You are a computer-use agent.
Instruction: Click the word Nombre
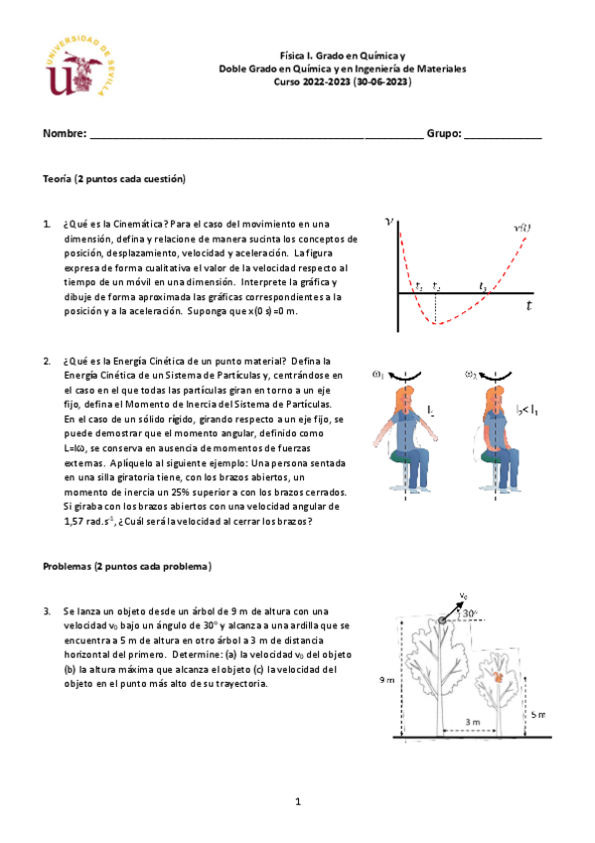pos(64,133)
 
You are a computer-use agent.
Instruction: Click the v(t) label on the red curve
pos(521,228)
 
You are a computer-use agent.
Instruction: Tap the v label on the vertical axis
pos(388,223)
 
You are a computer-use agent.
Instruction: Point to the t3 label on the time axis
pos(483,286)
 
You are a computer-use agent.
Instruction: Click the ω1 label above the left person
pos(378,375)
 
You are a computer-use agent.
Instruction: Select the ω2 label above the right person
pos(471,375)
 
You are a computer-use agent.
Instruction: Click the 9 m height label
pos(392,679)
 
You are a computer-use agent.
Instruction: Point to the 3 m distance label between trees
pos(473,721)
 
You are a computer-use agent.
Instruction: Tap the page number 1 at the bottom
pos(297,800)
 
